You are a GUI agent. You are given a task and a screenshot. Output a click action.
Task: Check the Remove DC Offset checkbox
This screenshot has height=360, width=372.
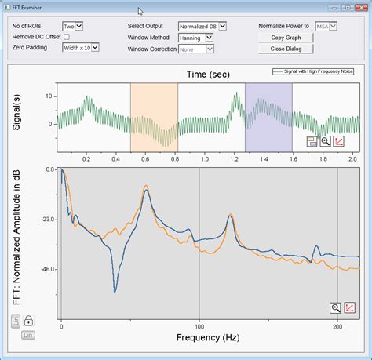[67, 37]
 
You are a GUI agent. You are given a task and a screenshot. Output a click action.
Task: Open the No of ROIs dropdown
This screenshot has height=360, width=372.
[72, 26]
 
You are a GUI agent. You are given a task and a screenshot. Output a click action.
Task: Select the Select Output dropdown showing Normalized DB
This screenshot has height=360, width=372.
[202, 26]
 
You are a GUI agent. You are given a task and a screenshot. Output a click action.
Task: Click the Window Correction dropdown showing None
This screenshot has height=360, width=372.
[195, 49]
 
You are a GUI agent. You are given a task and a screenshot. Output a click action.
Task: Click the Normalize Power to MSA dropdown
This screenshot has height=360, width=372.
[326, 26]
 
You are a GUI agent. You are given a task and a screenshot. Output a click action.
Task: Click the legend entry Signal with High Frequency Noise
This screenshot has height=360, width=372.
[314, 71]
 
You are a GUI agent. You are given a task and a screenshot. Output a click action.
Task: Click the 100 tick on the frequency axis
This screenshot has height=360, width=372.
[199, 325]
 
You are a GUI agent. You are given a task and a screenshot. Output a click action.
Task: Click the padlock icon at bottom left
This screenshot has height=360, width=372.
[27, 320]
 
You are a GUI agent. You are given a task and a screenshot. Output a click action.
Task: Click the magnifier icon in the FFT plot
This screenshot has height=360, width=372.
[336, 308]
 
